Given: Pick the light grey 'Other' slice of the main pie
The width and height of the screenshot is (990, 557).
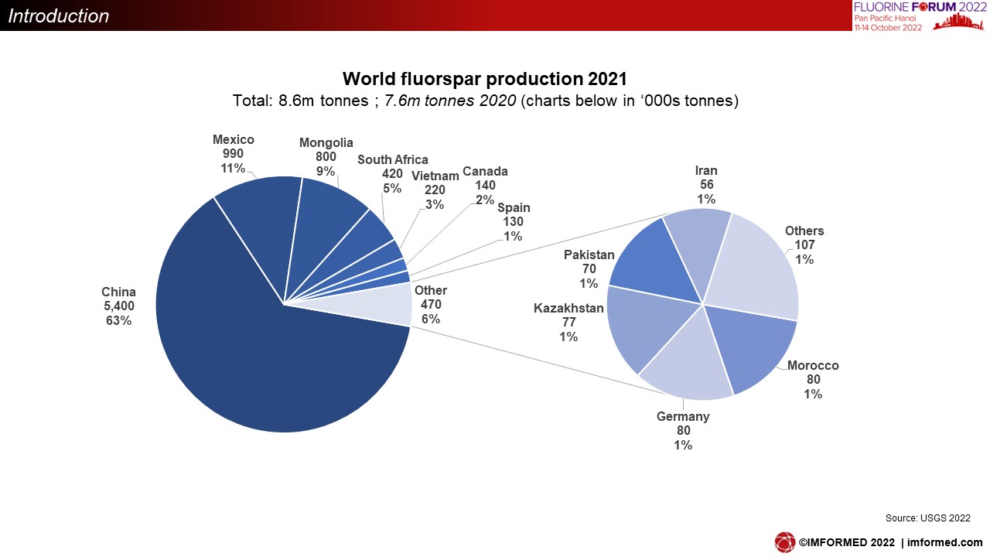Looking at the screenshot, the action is [x=380, y=305].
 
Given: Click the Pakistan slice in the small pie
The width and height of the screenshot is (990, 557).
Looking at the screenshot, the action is [x=654, y=265].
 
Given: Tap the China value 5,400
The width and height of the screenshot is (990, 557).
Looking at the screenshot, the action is [x=119, y=306].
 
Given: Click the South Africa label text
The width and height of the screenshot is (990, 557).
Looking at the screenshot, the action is [x=392, y=159].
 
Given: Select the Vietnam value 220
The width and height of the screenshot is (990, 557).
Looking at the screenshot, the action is [x=435, y=190].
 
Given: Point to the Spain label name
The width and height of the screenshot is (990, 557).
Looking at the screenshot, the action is [x=514, y=208].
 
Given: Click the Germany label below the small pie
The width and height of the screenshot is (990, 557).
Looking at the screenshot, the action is [x=683, y=416].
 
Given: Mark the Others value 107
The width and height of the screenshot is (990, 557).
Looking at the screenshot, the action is [x=804, y=245].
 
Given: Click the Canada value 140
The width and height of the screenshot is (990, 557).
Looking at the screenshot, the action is [x=485, y=185].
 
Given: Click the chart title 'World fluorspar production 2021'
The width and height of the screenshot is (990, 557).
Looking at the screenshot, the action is [x=485, y=79].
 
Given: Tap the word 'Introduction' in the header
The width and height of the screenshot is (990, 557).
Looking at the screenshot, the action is [x=58, y=16].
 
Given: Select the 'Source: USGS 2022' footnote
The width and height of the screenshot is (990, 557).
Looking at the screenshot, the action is [x=927, y=518].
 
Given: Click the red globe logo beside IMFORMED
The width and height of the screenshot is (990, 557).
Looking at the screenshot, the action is [x=784, y=542].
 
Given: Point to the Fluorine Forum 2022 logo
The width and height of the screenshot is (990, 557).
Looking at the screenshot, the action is [x=920, y=16].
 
